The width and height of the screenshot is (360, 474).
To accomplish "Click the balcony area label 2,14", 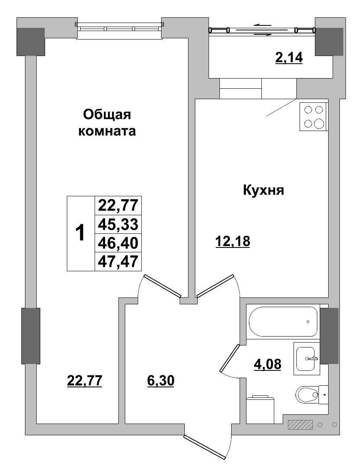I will pyautogui.click(x=288, y=58).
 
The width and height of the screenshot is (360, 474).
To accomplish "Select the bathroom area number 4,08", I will pyautogui.click(x=267, y=364).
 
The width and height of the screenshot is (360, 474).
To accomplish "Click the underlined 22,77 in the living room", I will pyautogui.click(x=85, y=380).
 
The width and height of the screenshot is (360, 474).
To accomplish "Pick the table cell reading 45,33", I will pyautogui.click(x=118, y=225).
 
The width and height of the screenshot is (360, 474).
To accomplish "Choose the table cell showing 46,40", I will pyautogui.click(x=118, y=243).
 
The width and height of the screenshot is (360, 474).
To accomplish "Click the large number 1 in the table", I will pyautogui.click(x=81, y=233).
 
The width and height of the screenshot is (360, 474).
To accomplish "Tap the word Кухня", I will pyautogui.click(x=264, y=190).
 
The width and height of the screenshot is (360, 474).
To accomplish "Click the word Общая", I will pyautogui.click(x=107, y=115).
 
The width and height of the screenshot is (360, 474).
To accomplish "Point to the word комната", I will pyautogui.click(x=107, y=131).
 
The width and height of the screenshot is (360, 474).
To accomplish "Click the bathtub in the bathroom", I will pyautogui.click(x=283, y=322).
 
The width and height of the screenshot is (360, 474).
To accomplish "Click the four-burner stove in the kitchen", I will pyautogui.click(x=313, y=116).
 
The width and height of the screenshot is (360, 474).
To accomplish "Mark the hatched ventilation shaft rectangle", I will pyautogui.click(x=300, y=424).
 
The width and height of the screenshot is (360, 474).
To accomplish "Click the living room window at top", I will pyautogui.click(x=119, y=29).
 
